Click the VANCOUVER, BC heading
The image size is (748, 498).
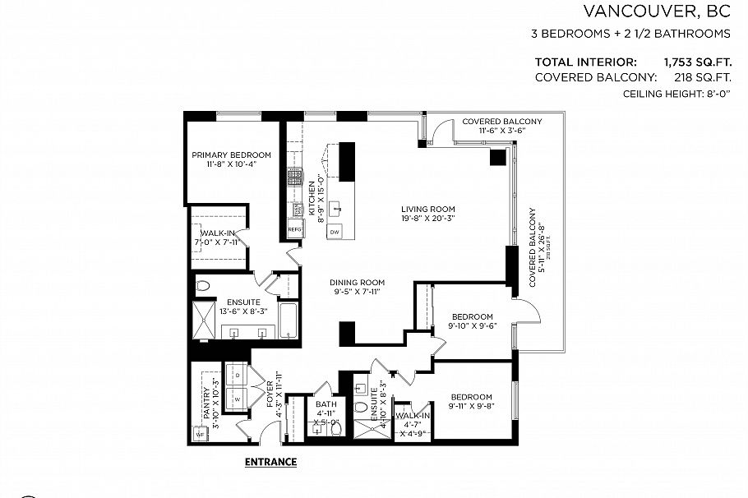[656, 12]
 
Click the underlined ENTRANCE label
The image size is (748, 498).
[270, 462]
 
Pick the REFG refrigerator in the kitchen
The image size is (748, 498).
[295, 229]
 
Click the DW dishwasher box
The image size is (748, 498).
[335, 233]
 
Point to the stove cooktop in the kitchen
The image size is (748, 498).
[293, 177]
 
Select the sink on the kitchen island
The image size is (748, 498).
[336, 210]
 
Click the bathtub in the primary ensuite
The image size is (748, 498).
[287, 320]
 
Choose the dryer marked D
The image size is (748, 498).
[238, 375]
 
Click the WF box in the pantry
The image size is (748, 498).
[200, 433]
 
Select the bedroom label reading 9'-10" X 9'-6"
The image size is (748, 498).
[472, 320]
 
